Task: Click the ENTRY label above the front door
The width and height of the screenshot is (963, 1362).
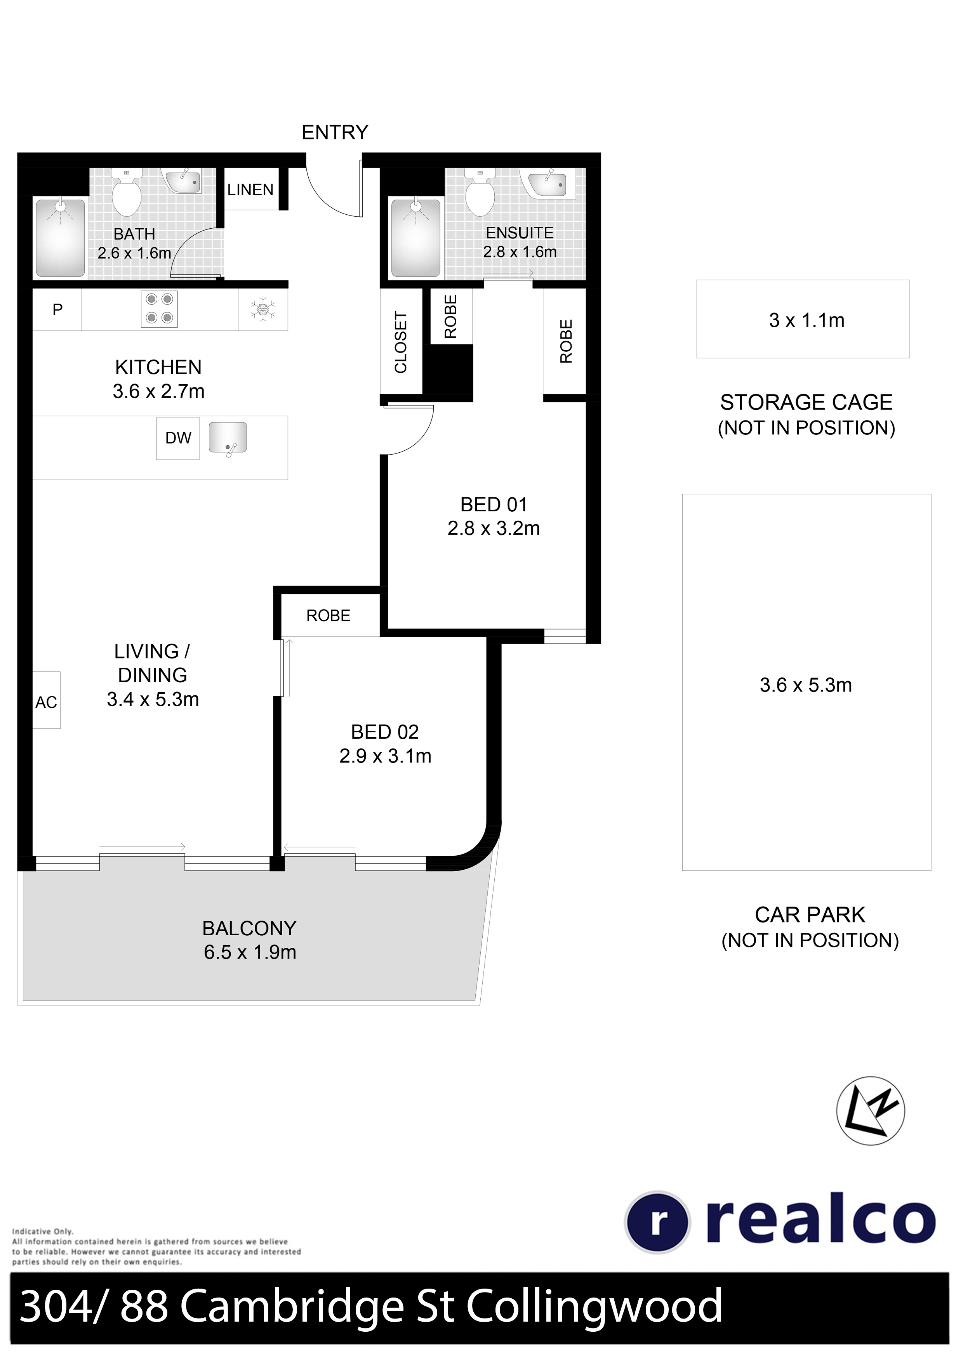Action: [x=335, y=132]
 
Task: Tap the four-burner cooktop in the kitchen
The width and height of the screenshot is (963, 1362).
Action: [x=159, y=308]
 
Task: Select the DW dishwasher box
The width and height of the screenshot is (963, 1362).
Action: [x=178, y=438]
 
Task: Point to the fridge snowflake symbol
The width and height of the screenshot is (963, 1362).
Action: [x=260, y=309]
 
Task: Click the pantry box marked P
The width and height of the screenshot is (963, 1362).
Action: [x=57, y=309]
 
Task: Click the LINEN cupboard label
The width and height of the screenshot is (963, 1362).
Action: [x=250, y=190]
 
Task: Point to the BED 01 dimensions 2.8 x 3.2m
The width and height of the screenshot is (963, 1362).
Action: [x=494, y=528]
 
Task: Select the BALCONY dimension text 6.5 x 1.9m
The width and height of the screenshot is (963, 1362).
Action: [x=250, y=952]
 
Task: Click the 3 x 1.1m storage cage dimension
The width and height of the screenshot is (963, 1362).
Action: [x=807, y=320]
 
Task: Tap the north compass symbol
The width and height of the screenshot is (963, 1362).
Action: [x=871, y=1110]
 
